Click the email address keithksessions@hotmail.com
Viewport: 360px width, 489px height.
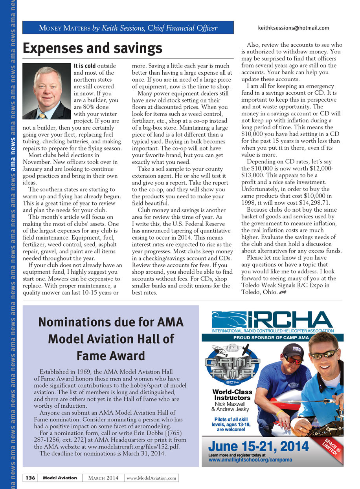[x=293, y=28]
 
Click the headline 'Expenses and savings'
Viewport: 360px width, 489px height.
[x=92, y=48]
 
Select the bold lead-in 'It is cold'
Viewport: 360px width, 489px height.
[x=84, y=66]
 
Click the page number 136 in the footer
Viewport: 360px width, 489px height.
[x=30, y=478]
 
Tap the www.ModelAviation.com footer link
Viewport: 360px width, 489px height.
[x=151, y=478]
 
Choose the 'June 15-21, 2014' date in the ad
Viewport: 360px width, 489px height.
[x=258, y=447]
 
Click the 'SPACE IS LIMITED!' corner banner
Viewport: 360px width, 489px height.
[x=331, y=445]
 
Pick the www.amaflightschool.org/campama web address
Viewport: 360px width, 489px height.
[x=250, y=459]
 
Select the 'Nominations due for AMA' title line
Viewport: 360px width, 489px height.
[x=111, y=322]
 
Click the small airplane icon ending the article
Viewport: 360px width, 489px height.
[x=282, y=292]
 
